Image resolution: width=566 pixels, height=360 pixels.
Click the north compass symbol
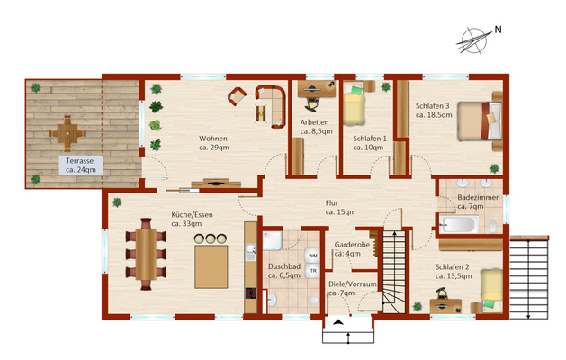(475, 40)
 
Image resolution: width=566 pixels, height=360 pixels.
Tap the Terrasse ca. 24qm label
(81, 166)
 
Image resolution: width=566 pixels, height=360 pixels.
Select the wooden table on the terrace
(67, 133)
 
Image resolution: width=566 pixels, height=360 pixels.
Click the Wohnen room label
(213, 143)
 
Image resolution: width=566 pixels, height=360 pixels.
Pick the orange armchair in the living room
(238, 96)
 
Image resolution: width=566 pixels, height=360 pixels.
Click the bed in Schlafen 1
(354, 103)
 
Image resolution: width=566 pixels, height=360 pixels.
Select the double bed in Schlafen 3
(480, 121)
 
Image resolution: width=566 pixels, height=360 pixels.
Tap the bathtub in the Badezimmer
(459, 225)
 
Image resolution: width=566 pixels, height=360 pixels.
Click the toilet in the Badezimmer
(493, 227)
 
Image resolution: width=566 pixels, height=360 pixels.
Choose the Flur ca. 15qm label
(340, 208)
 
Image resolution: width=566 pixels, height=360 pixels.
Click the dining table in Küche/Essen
(146, 254)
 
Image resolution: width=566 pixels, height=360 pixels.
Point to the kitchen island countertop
(211, 266)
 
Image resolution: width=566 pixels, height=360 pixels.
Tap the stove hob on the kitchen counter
(251, 292)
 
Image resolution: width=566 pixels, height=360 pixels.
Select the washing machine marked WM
(312, 256)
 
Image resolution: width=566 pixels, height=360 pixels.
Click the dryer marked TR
(312, 271)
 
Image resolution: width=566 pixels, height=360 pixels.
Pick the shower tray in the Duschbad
(272, 241)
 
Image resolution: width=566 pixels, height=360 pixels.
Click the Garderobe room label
(352, 245)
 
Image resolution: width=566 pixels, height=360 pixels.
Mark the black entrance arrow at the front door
(337, 322)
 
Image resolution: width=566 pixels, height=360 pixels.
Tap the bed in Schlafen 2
(491, 290)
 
